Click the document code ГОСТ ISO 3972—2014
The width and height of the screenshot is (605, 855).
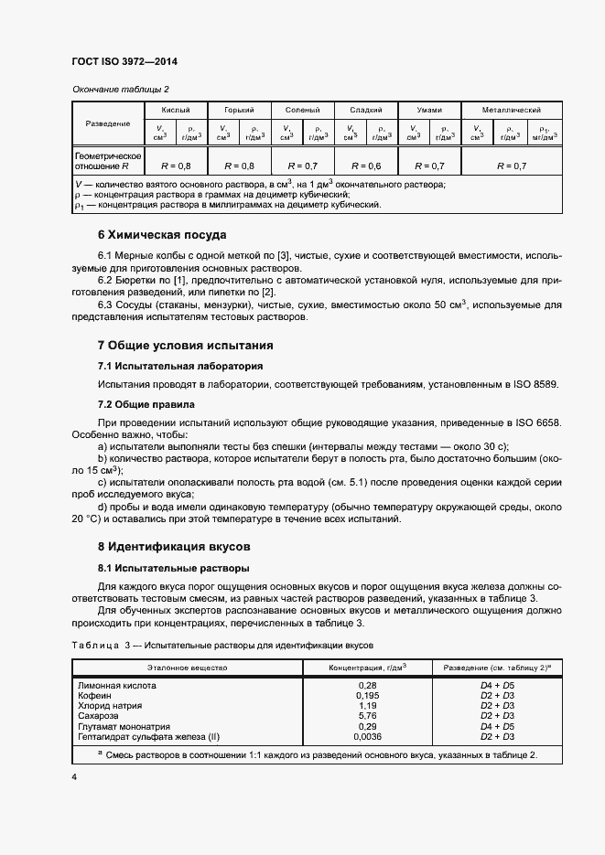pos(124,61)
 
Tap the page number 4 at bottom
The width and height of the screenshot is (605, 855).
pos(74,776)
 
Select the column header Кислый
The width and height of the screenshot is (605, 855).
pos(176,109)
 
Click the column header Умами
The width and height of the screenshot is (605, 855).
pos(429,109)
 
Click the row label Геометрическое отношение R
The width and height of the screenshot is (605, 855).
pos(107,162)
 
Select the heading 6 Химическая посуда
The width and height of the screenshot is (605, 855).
pos(161,234)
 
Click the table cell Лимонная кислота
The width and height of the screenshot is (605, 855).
pos(117,685)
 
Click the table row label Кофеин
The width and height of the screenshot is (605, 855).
pos(95,696)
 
